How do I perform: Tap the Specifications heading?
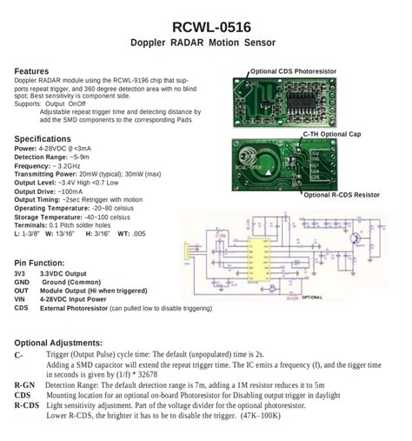pyautogui.click(x=49, y=139)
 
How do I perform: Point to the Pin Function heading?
pyautogui.click(x=42, y=262)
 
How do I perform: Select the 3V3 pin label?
pyautogui.click(x=20, y=272)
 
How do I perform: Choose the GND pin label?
pyautogui.click(x=22, y=282)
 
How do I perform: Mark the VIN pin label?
pyautogui.click(x=21, y=299)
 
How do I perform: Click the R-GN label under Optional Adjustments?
pyautogui.click(x=24, y=384)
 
